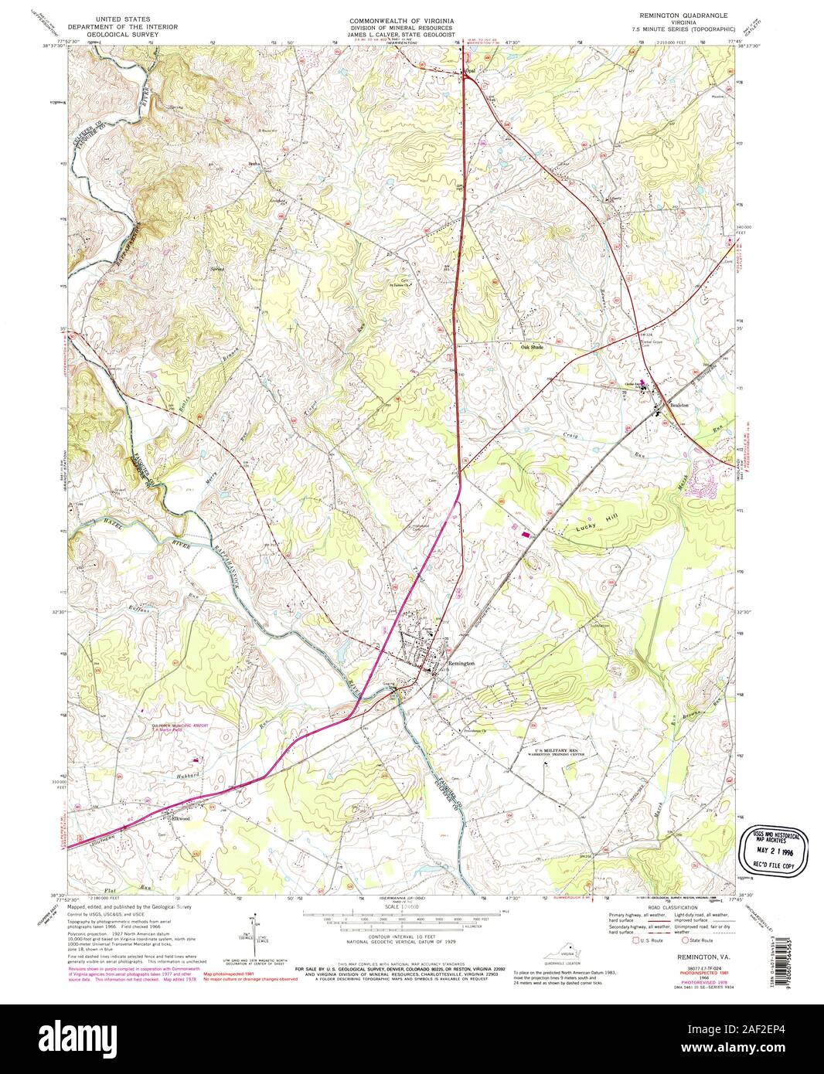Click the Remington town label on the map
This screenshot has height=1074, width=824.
[x=458, y=663]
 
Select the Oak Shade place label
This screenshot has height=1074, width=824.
[x=533, y=347]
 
